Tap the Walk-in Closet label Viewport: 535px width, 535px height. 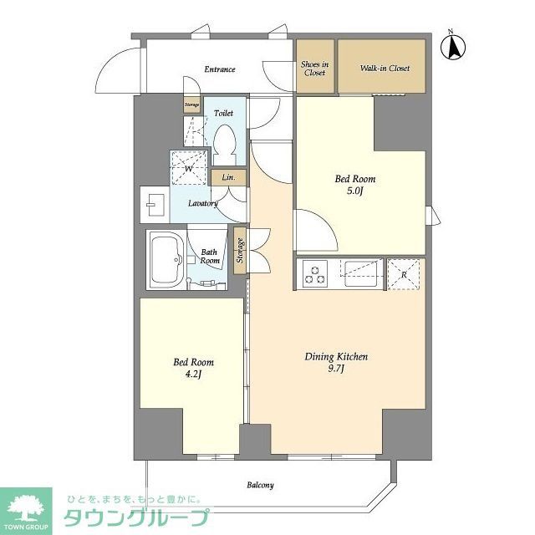pos(385,69)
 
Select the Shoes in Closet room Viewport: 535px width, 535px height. pos(314,69)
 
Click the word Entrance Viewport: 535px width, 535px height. pos(220,69)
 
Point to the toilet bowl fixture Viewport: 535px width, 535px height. pos(225,145)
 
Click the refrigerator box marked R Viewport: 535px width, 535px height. pos(405,274)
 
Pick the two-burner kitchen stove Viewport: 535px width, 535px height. pos(316,274)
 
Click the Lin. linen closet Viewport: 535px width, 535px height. pos(228,178)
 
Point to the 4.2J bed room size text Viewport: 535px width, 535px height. pos(193,375)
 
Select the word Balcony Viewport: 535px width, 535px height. pos(260,485)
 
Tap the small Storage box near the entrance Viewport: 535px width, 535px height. pos(192,105)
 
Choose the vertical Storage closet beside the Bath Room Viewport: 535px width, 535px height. pos(241,251)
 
